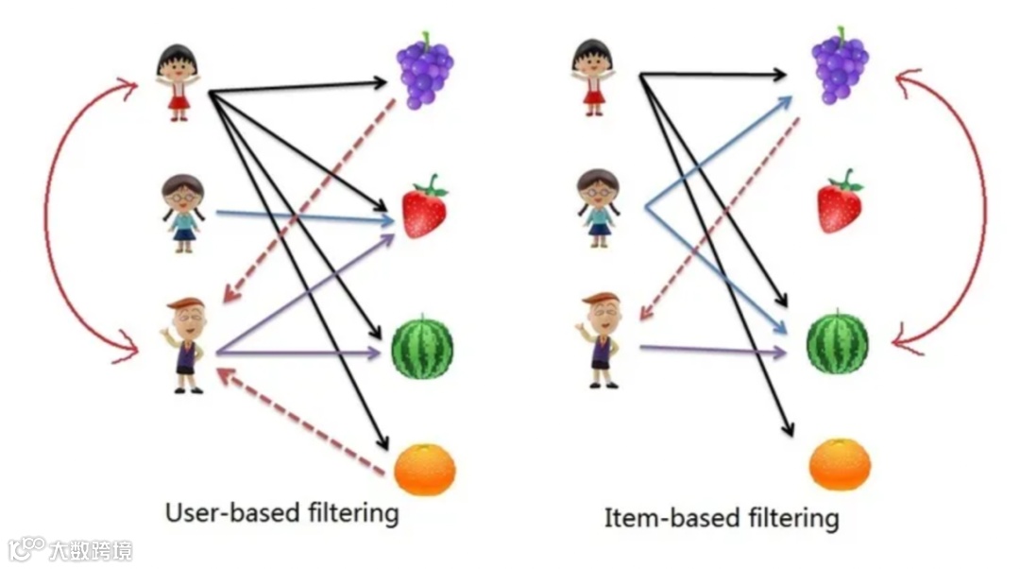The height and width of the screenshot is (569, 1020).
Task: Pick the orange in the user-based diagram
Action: (424, 469)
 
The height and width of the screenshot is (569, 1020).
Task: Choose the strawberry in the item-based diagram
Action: (839, 202)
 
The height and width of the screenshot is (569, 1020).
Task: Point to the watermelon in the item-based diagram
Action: (837, 342)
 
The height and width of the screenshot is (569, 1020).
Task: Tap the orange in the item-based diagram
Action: (840, 463)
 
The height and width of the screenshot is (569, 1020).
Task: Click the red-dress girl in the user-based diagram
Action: (177, 81)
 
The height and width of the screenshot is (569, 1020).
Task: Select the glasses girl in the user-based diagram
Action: (183, 213)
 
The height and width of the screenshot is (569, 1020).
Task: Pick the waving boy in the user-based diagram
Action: (185, 344)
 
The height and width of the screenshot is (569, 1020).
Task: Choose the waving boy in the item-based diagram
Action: (599, 338)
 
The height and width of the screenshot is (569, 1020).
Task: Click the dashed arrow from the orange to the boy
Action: (302, 422)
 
